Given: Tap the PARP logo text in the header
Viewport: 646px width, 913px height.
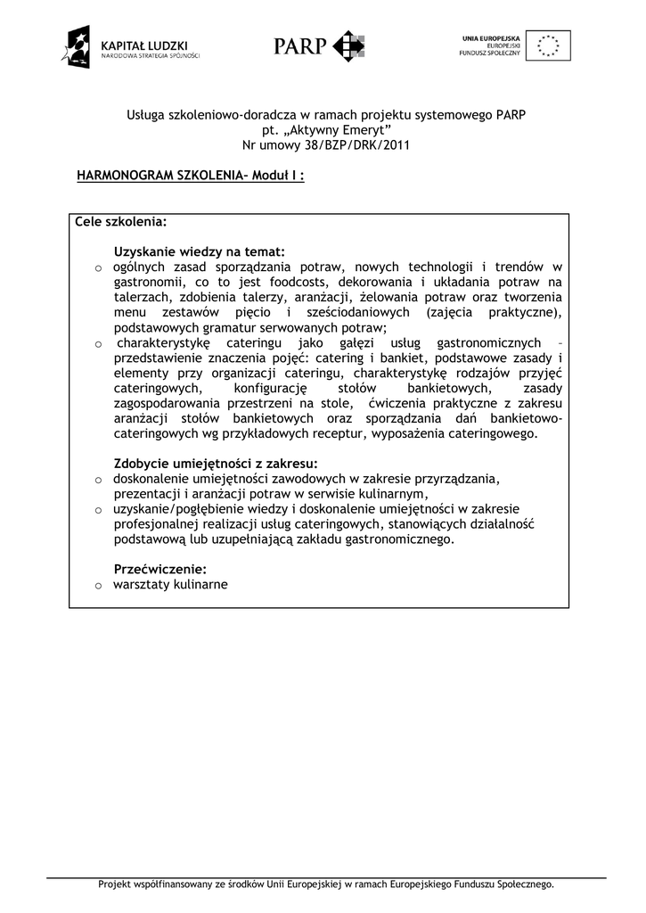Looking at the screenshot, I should tap(300, 45).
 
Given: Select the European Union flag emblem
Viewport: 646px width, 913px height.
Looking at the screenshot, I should tap(548, 45).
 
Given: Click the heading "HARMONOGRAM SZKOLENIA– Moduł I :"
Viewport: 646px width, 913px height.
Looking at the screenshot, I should tap(191, 176).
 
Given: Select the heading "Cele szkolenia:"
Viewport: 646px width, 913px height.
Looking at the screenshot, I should tap(120, 221).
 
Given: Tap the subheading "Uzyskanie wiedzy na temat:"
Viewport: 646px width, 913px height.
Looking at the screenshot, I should tap(200, 251).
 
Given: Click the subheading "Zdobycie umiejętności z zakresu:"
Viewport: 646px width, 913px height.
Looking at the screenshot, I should tap(216, 463).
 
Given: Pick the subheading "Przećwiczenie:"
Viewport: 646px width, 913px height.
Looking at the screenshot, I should tap(160, 569).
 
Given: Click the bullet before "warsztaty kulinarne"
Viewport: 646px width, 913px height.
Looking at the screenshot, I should tap(100, 586).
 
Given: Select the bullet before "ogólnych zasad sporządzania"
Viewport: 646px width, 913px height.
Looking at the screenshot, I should tap(100, 267).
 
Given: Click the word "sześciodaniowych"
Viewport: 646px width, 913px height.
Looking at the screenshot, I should tap(357, 312).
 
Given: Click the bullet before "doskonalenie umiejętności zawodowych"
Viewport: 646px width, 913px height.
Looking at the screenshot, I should tap(100, 480).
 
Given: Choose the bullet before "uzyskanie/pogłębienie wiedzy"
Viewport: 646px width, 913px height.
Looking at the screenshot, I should tap(100, 510).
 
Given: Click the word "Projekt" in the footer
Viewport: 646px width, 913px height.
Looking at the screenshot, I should tap(115, 884).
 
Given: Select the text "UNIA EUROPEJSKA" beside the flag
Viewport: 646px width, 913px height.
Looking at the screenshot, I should tap(491, 37).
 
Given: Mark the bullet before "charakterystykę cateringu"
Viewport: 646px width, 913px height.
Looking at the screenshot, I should tap(100, 344).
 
